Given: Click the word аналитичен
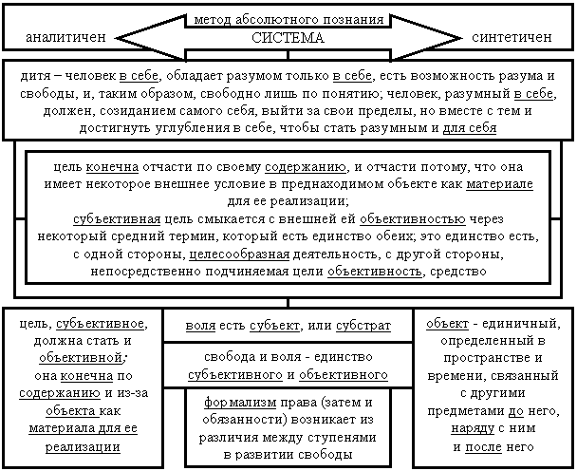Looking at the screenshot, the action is tap(65, 37).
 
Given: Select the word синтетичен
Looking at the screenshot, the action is tap(512, 37).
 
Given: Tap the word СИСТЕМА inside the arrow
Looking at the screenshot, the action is tap(288, 38).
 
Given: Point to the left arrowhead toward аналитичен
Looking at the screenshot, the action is tap(151, 38).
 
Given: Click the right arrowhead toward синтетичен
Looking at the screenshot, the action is tap(426, 38).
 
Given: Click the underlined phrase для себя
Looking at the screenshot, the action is tap(470, 128).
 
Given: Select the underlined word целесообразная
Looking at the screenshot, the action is tap(239, 254).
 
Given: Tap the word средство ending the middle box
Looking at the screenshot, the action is tap(458, 272).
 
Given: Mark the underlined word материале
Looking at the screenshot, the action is tap(499, 184).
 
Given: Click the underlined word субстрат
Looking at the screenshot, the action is tap(363, 326).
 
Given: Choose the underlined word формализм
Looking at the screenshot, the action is tap(240, 402).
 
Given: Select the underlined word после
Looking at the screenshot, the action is tap(483, 447).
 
